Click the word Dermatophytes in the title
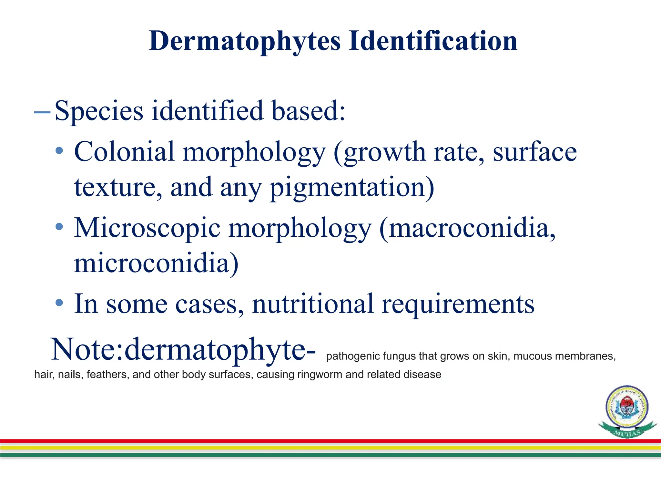(245, 41)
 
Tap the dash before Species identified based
(42, 112)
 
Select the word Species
(99, 111)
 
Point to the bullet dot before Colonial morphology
(59, 150)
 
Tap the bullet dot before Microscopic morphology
(59, 227)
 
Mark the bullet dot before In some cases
(59, 303)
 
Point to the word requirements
(458, 304)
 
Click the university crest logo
(627, 411)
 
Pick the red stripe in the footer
(330, 441)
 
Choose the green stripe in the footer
(330, 455)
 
